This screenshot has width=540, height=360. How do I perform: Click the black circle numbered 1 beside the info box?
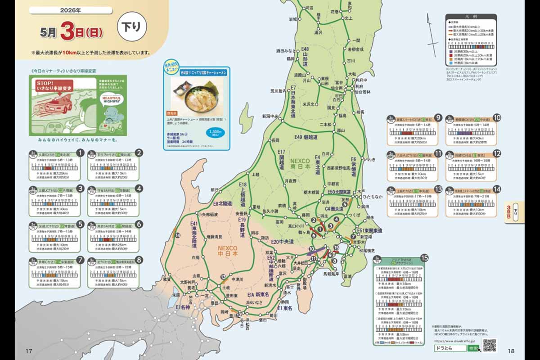81,153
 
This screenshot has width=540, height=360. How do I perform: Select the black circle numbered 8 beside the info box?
139,260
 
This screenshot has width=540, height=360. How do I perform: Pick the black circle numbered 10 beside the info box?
497,118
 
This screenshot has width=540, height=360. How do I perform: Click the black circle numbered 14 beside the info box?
497,189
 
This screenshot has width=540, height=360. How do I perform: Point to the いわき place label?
369,159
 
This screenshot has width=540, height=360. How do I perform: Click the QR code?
489,345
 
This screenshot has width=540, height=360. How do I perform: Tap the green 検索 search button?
473,349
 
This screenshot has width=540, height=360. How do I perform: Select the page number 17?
28,351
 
